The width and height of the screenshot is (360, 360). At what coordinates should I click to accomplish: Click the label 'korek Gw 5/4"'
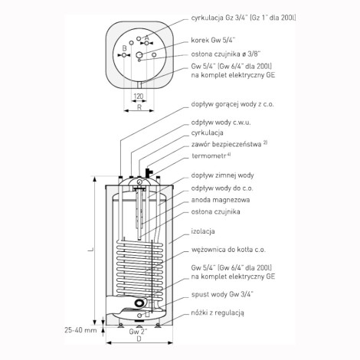(x=213, y=41)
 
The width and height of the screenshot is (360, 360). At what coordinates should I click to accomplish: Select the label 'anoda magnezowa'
(x=221, y=200)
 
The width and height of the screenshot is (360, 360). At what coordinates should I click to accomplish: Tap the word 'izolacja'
(x=203, y=231)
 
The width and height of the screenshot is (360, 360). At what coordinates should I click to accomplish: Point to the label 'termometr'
(x=209, y=155)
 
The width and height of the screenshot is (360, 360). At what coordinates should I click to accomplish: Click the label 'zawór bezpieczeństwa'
(x=227, y=144)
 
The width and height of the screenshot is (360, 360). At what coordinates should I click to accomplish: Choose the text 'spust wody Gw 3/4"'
(x=222, y=294)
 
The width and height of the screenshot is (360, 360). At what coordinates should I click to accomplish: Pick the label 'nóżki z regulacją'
(x=218, y=313)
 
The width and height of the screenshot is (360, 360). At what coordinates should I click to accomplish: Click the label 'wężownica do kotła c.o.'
(x=228, y=250)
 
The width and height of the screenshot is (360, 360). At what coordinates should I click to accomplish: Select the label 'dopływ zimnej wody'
(x=223, y=175)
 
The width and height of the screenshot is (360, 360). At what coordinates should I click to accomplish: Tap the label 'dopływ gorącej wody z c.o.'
(x=233, y=104)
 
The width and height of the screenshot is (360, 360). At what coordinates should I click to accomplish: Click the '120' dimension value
(x=139, y=97)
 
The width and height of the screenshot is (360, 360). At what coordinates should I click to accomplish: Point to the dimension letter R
(x=139, y=107)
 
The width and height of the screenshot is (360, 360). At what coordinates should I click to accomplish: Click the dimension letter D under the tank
(x=139, y=339)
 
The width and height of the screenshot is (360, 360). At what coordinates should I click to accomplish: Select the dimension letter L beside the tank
(x=90, y=250)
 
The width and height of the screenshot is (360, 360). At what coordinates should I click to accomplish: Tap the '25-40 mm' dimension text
(x=80, y=330)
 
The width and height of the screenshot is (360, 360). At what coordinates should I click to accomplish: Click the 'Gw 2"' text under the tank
(x=138, y=332)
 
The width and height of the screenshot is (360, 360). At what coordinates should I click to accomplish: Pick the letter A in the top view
(x=146, y=38)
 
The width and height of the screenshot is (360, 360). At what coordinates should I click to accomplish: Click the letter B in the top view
(x=124, y=48)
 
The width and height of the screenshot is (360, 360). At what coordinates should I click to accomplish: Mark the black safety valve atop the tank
(x=149, y=172)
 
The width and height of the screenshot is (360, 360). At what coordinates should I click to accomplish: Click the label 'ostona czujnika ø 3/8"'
(x=226, y=54)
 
